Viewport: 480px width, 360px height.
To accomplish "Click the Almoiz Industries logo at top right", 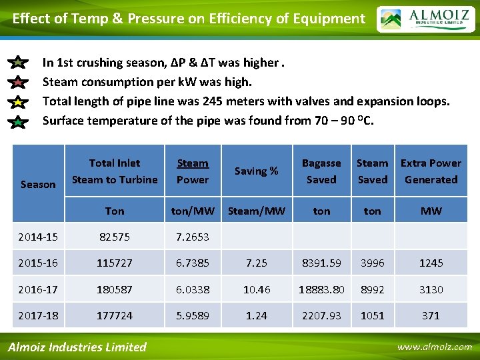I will click(425, 19).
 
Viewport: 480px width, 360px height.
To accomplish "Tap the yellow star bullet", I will click(19, 102).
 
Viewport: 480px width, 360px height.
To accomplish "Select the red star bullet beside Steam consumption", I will click(19, 83).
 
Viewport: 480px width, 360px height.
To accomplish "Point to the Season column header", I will click(38, 184).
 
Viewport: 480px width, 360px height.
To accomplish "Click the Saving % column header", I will click(256, 171).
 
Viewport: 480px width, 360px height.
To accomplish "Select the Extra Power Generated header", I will click(431, 171).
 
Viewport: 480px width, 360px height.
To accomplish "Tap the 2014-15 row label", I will click(38, 237).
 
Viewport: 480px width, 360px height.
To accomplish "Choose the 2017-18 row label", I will click(38, 315).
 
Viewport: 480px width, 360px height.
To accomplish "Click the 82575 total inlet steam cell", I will click(115, 237).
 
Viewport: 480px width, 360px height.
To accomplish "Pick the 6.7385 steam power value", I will click(193, 263).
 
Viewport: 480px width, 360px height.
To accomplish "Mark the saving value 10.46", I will click(256, 289).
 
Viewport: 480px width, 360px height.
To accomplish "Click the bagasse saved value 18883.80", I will click(321, 289).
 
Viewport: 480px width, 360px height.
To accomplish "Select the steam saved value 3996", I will click(372, 263).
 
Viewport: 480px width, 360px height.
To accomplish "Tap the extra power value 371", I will click(431, 315).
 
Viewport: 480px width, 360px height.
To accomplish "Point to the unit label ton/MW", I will click(193, 211).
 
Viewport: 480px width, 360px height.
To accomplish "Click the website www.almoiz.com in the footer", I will click(434, 347).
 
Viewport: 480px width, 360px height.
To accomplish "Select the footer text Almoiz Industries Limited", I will click(77, 347).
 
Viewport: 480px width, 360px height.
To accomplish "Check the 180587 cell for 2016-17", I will click(115, 289).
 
